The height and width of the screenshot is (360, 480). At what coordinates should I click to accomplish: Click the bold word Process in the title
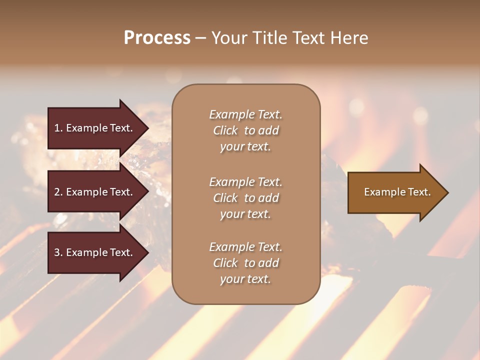(157, 38)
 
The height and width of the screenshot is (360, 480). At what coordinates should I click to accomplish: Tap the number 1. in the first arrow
(58, 128)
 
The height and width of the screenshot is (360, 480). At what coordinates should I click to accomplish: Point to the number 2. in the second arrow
(58, 192)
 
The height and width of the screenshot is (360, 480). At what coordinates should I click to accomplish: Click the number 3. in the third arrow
(58, 252)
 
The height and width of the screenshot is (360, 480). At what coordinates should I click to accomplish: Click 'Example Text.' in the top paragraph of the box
(245, 114)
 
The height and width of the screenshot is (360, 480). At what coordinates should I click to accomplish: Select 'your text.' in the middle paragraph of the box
(245, 214)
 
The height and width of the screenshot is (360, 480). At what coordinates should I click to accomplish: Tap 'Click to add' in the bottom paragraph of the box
(245, 263)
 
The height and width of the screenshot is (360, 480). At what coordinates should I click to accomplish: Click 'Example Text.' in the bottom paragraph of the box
(245, 247)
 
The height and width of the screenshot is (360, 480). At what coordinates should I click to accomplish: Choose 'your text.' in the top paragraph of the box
(245, 147)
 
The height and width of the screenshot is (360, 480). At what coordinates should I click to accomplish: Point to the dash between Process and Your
(200, 38)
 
